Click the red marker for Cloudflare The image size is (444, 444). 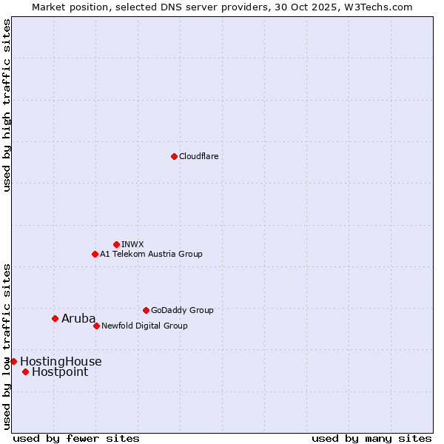click(174, 156)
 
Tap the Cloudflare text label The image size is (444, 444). click(199, 156)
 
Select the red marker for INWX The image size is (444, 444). click(116, 244)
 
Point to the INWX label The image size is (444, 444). click(132, 244)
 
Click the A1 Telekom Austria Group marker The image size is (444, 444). click(95, 254)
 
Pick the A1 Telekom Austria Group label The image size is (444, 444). click(151, 254)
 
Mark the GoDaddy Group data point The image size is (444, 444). click(146, 310)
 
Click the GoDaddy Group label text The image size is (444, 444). click(182, 310)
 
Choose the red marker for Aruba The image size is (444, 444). click(55, 318)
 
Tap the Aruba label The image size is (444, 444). click(78, 319)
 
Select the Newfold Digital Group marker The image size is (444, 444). click(96, 326)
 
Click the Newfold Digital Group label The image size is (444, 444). click(144, 326)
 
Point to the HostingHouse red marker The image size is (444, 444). click(13, 361)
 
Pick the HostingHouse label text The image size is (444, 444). click(61, 362)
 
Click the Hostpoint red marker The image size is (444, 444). click(25, 371)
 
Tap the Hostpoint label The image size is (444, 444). click(60, 372)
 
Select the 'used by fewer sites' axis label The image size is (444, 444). click(76, 439)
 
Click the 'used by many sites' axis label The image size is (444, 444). click(371, 439)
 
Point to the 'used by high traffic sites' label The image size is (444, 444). click(7, 106)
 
